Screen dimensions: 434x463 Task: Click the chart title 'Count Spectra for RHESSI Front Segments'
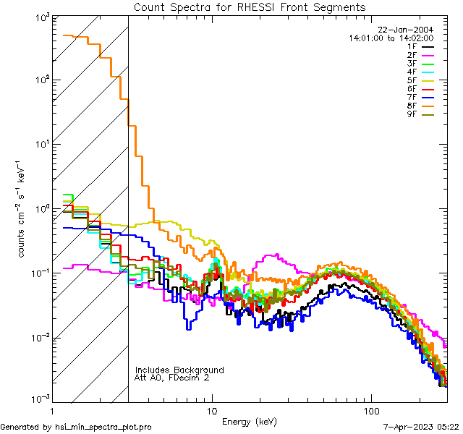pos(250,7)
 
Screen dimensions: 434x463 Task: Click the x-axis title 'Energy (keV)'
pos(250,421)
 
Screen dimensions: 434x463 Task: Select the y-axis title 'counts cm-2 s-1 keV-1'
pos(23,213)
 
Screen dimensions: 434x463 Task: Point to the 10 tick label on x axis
pos(212,410)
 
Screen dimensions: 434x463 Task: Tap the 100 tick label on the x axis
pos(371,410)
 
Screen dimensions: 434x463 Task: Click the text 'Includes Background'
pos(179,370)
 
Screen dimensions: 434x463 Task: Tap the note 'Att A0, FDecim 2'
pos(172,378)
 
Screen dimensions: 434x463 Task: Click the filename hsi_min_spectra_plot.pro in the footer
pos(103,427)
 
